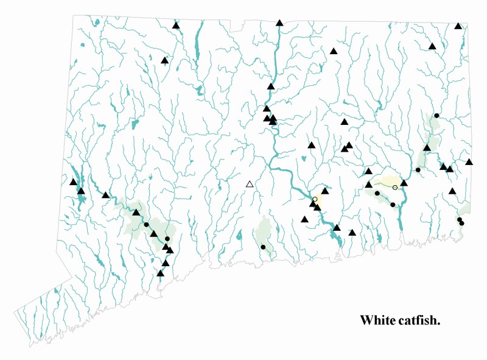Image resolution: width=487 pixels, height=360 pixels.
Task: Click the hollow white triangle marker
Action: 249,184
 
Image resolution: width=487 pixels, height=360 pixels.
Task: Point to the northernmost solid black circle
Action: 436,115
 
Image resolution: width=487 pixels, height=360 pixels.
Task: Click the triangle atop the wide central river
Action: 279,23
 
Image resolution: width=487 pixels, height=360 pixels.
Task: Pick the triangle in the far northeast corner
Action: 458,26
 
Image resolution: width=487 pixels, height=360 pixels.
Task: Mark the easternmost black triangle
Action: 469,162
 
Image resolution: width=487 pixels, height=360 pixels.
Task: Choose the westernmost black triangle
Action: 73,182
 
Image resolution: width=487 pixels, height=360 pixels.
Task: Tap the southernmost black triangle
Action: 160,274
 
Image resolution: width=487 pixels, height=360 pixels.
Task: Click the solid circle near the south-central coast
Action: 263,247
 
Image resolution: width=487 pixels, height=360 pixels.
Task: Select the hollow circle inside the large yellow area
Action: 395,187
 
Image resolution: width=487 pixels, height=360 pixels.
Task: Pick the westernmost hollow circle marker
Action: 315,199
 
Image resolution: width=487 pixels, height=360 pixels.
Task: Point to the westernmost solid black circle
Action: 147,225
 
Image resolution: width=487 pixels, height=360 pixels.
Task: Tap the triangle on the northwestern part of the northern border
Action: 175,26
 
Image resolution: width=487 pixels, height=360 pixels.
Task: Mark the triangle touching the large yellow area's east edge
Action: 404,183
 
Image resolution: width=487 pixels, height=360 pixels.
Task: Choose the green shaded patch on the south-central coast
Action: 264,231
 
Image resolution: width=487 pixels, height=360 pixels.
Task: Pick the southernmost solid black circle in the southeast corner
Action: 461,223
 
